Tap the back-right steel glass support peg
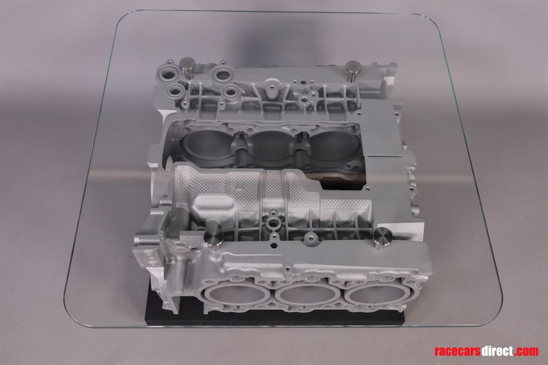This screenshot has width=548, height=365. pyautogui.click(x=353, y=69)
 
